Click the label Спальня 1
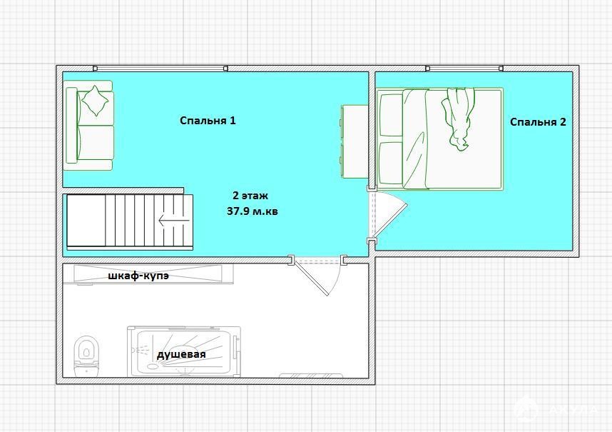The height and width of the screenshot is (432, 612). [208, 121]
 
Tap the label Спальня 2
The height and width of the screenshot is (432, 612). [538, 122]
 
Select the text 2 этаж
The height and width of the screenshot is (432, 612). [250, 196]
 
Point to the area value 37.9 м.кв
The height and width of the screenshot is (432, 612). [252, 211]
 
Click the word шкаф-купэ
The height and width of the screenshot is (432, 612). [138, 276]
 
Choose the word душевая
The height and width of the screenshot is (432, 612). [181, 355]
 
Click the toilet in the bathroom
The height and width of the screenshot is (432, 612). [86, 356]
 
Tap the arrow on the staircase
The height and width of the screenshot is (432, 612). [174, 221]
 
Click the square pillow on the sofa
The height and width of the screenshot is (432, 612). [94, 101]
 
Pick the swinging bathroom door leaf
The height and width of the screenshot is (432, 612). [312, 278]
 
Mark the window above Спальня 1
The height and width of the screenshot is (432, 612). [160, 69]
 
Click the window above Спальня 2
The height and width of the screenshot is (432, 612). [464, 69]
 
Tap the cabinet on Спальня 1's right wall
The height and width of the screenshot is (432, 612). [355, 142]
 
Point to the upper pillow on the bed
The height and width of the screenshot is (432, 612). [391, 116]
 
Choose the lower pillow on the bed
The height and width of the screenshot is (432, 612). [391, 163]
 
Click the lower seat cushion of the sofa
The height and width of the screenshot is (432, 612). [96, 143]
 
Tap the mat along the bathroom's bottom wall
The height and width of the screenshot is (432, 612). [311, 376]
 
